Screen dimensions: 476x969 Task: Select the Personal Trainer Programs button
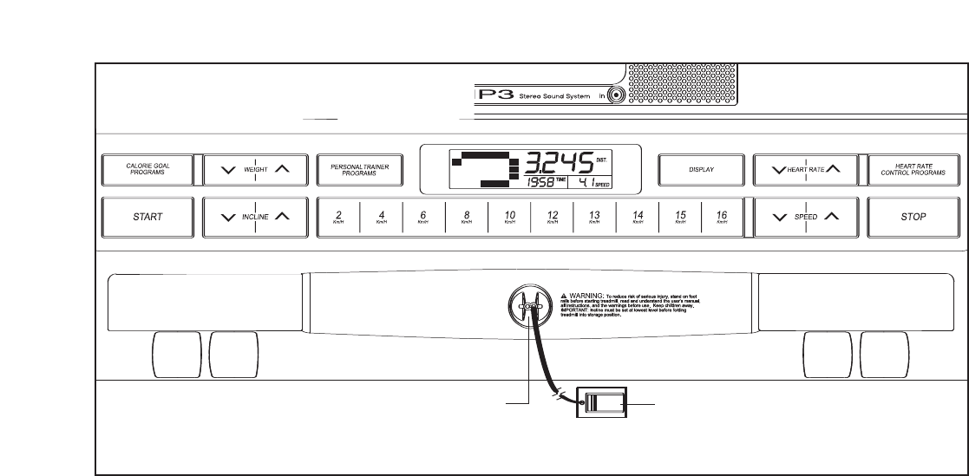(359, 170)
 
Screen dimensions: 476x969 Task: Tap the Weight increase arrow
(282, 170)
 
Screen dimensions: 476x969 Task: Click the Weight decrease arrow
(228, 170)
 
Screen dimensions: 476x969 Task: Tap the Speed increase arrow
(831, 216)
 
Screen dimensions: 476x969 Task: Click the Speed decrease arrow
(778, 216)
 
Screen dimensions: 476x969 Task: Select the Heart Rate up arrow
(832, 170)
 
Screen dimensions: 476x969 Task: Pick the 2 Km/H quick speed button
(338, 216)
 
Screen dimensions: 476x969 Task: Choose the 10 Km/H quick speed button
(509, 216)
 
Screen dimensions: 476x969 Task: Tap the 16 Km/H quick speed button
(722, 216)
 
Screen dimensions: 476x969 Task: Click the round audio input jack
(618, 96)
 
